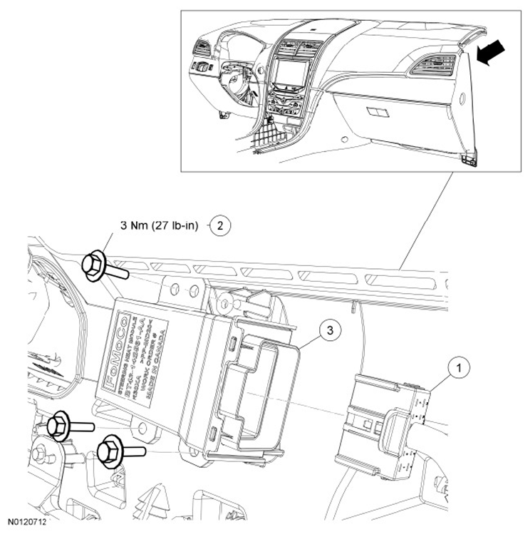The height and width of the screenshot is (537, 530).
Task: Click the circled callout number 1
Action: [460, 369]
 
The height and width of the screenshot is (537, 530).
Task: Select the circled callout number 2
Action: [220, 226]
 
